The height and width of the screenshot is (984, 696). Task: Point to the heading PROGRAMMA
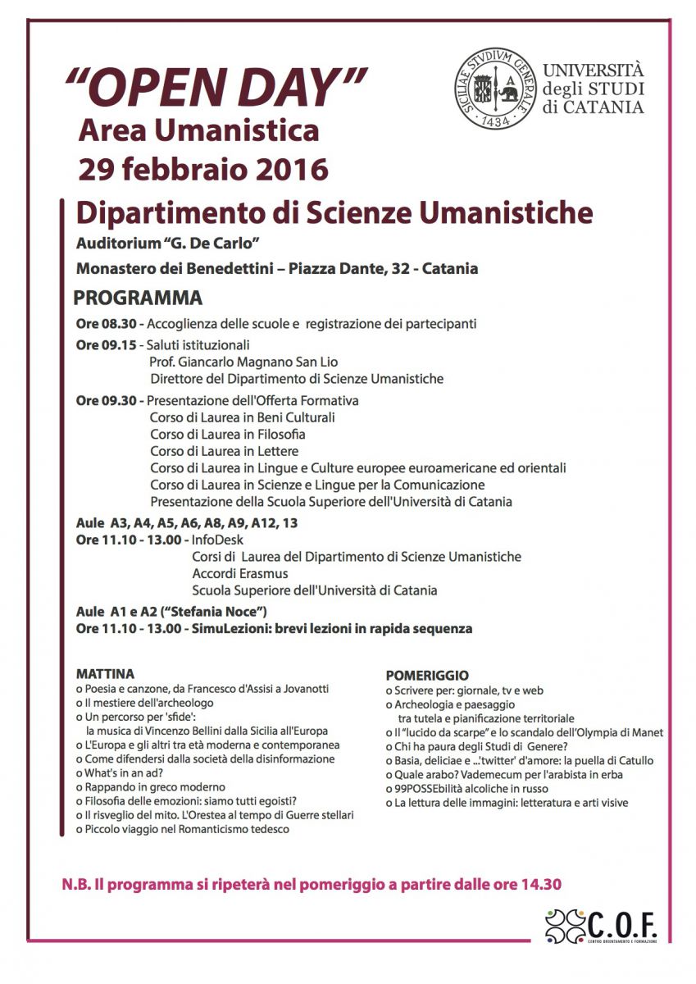pyautogui.click(x=139, y=297)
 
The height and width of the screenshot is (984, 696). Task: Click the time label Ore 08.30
pyautogui.click(x=109, y=323)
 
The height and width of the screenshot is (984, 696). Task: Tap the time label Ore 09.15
pyautogui.click(x=109, y=344)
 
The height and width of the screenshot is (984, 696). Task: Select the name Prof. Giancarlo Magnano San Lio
pyautogui.click(x=243, y=362)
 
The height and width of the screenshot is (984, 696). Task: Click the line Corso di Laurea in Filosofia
pyautogui.click(x=227, y=434)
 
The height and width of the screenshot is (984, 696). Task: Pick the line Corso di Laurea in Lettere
pyautogui.click(x=224, y=451)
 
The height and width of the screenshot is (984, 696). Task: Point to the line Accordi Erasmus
pyautogui.click(x=240, y=573)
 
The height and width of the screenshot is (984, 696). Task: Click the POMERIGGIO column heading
pyautogui.click(x=427, y=676)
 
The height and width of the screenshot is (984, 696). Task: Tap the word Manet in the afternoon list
pyautogui.click(x=647, y=732)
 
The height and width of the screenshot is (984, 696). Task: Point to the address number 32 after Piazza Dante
pyautogui.click(x=398, y=268)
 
